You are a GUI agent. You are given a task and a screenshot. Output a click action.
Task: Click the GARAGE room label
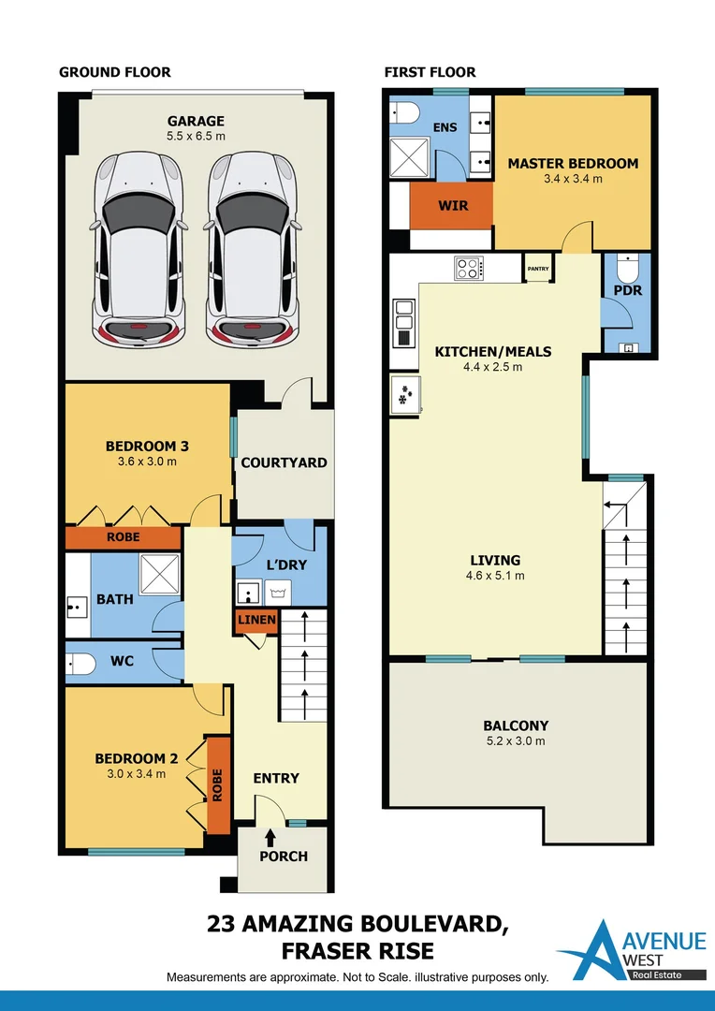(196, 121)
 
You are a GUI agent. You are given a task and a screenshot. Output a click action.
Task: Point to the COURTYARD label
(284, 463)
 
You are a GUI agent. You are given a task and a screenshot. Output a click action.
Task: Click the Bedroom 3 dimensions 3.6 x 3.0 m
(147, 462)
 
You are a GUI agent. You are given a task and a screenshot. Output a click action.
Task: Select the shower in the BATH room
(160, 573)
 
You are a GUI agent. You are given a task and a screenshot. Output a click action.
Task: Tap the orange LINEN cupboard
(256, 621)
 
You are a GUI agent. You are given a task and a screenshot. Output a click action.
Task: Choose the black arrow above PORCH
(270, 837)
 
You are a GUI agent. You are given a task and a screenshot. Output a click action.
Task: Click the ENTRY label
(276, 778)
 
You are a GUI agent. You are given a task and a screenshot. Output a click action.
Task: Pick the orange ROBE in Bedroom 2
(218, 784)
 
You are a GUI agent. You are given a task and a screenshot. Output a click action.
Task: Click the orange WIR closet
(451, 206)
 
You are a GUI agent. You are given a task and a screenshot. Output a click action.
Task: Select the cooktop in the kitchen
(470, 268)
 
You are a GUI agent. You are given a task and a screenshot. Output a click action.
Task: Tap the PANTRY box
(538, 269)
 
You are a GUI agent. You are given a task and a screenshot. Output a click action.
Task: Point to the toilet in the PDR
(626, 266)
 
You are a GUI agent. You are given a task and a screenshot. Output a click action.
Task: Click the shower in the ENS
(409, 156)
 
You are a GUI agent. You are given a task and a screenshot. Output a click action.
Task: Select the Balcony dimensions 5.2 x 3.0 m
(516, 740)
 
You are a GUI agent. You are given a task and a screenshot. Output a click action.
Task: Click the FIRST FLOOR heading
(430, 71)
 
